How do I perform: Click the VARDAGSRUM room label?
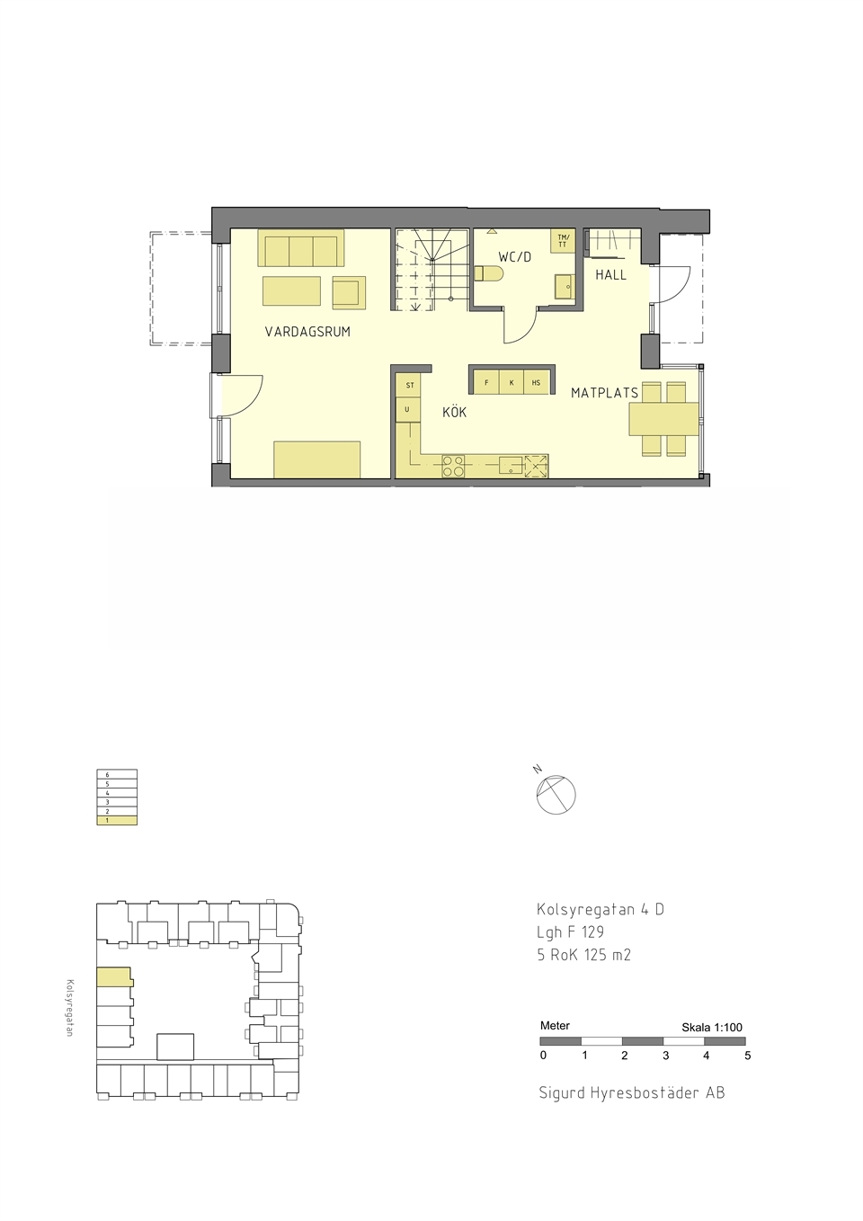[307, 332]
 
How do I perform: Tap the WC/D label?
[515, 257]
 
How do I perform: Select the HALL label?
[610, 275]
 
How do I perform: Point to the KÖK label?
[454, 412]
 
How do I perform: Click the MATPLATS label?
[604, 392]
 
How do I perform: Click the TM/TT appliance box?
[563, 241]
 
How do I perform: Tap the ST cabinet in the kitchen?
[408, 386]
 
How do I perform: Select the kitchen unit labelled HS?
[536, 382]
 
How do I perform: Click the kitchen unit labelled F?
[486, 382]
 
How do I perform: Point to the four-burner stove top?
[453, 466]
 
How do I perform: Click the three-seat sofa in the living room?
[301, 248]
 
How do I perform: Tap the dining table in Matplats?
[663, 419]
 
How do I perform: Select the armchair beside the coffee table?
[349, 293]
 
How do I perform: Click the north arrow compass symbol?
[556, 794]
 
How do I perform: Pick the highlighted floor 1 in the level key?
[117, 820]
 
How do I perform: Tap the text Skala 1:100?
[712, 1028]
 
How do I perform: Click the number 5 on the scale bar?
[748, 1056]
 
